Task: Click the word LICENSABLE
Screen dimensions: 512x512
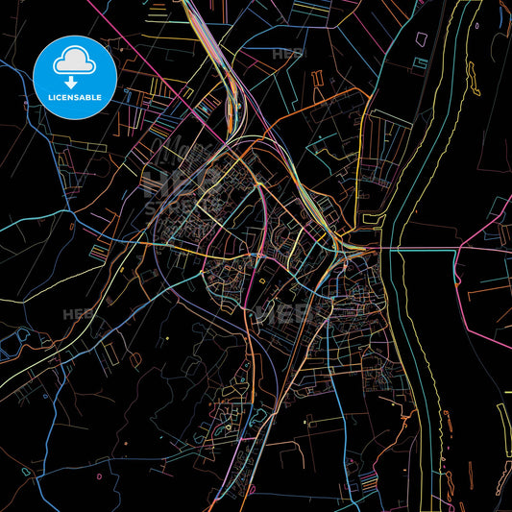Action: click(74, 97)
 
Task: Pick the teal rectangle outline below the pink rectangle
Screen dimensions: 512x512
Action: click(420, 63)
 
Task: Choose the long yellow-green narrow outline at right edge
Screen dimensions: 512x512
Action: click(503, 423)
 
